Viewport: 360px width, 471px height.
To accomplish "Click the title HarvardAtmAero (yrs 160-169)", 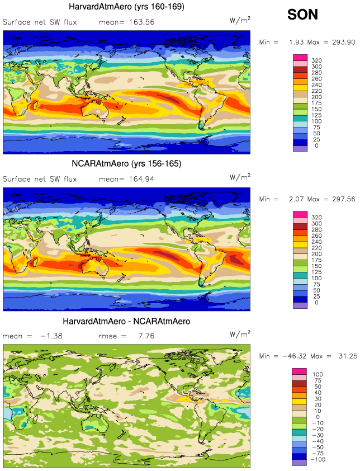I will click(126, 7).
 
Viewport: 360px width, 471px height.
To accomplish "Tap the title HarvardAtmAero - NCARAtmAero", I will click(126, 322).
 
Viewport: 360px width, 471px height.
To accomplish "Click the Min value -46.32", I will click(298, 357).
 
